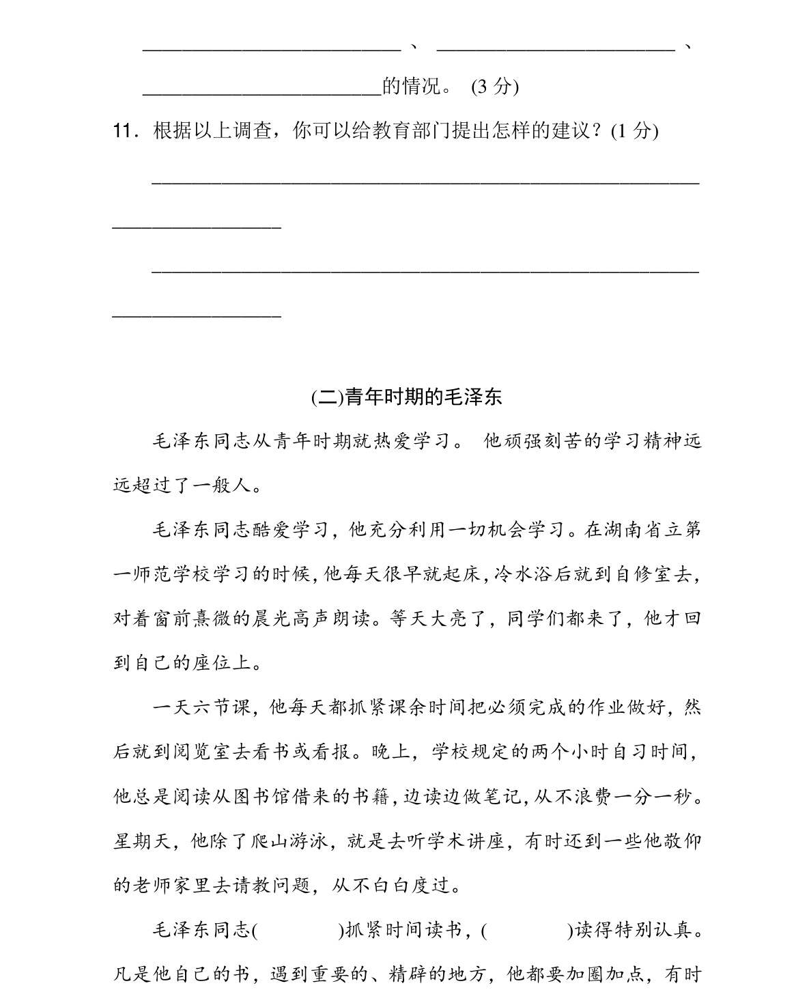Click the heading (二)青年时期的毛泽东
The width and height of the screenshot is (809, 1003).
(406, 397)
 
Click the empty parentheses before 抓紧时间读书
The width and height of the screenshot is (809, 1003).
(298, 931)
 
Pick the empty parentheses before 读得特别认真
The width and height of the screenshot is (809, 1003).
(527, 931)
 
